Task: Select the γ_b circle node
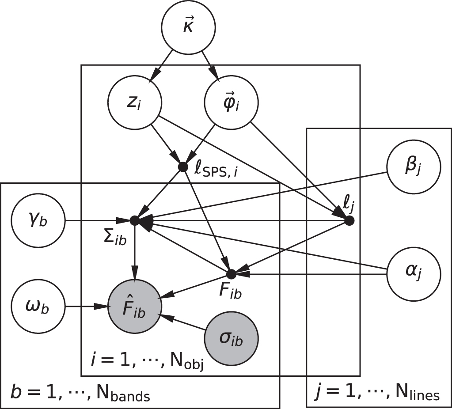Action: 39,220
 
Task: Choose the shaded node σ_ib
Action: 231,338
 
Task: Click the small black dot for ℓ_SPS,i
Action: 182,167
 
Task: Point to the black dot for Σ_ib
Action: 134,220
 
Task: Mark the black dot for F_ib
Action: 231,273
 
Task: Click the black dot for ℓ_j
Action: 349,221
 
